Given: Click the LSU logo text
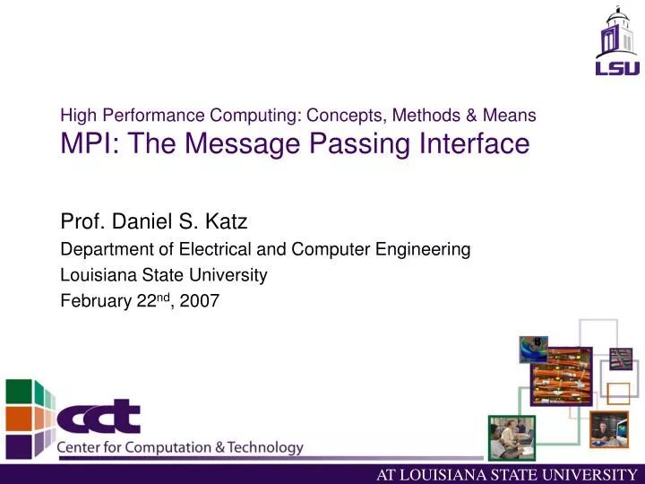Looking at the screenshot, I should [618, 67].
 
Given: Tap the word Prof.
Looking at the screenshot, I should [80, 220].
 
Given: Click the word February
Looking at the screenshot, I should [94, 301].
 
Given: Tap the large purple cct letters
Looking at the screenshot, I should [99, 417].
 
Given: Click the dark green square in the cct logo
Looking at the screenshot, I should [19, 393].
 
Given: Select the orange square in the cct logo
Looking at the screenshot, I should [19, 418].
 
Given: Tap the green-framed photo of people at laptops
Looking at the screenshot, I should [512, 437].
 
